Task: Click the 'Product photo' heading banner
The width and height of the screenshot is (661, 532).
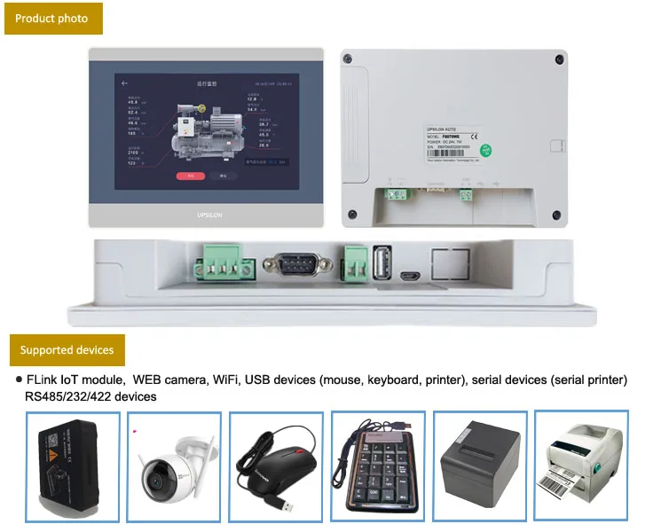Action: pos(52,19)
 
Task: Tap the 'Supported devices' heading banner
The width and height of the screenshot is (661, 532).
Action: pos(67,350)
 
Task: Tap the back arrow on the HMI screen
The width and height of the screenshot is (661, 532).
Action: pos(125,83)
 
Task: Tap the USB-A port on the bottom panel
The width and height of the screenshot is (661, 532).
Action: pos(382,263)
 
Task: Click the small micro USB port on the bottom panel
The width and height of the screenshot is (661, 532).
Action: pos(410,277)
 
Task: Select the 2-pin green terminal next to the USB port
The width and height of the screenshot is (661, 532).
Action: pos(353,264)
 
